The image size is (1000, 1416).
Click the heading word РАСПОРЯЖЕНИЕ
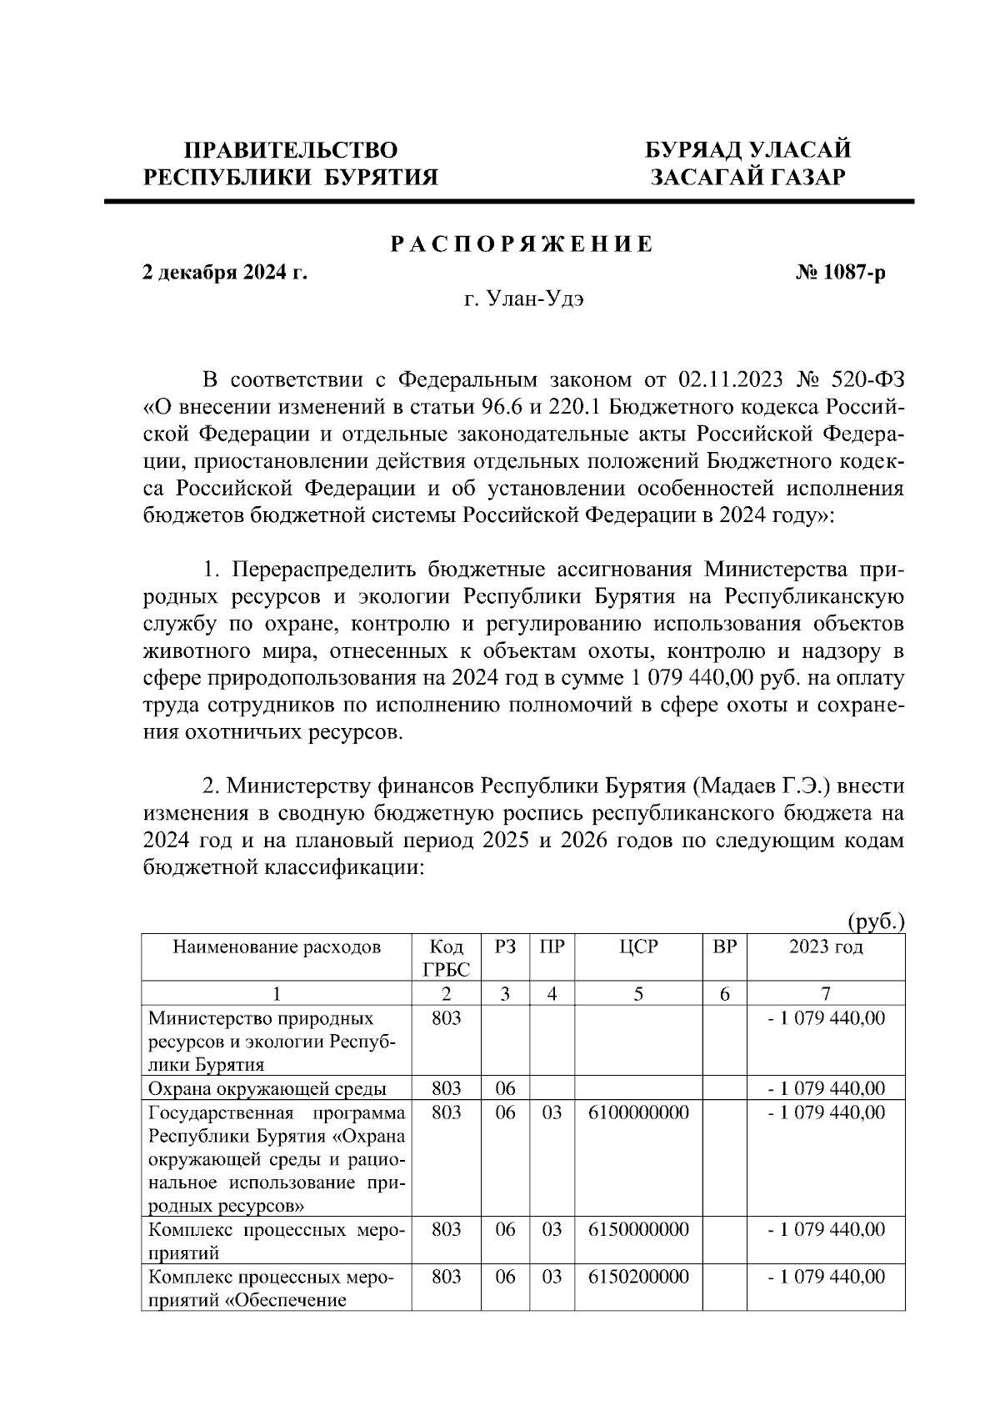point(522,245)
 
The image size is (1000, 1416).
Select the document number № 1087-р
point(840,273)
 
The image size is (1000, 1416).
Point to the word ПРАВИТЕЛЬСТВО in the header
point(291,151)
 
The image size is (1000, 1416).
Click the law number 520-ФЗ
point(867,380)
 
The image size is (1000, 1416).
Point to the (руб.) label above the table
point(875,921)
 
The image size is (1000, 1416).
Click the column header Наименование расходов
point(277,947)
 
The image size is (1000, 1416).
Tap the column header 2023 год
point(826,947)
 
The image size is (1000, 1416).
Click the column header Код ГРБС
point(447,958)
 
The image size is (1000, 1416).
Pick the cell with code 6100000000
point(638,1112)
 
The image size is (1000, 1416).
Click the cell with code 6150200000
point(638,1277)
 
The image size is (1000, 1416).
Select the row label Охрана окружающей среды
point(267,1088)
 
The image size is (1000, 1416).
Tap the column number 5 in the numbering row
point(638,993)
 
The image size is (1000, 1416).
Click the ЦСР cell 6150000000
point(638,1229)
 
